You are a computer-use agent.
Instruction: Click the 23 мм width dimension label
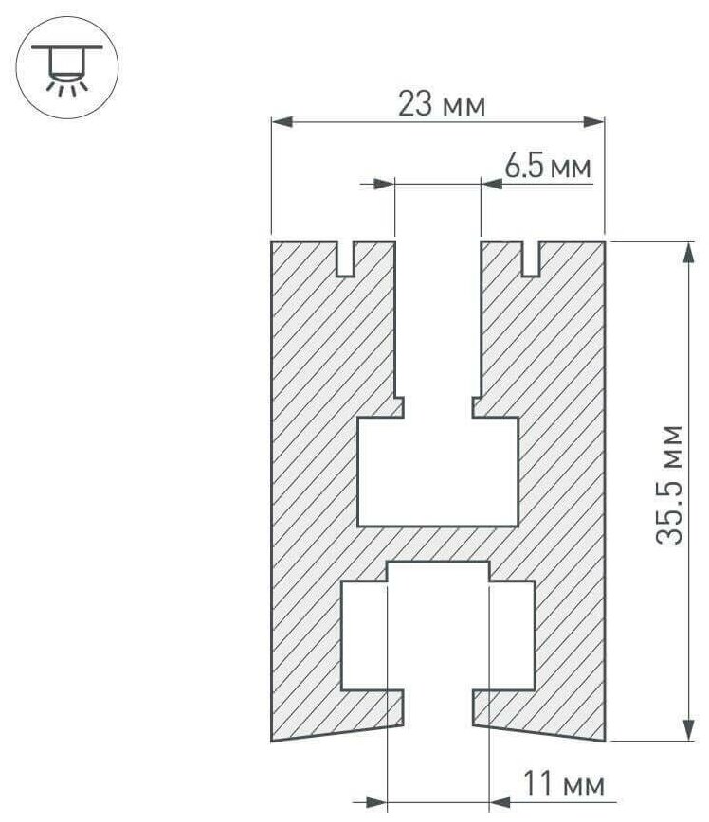pyautogui.click(x=442, y=104)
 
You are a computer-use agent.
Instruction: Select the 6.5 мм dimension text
pyautogui.click(x=548, y=167)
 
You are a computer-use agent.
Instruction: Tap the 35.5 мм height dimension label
pyautogui.click(x=670, y=485)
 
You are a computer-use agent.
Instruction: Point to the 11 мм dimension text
pyautogui.click(x=564, y=784)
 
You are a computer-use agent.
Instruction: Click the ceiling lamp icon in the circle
pyautogui.click(x=67, y=67)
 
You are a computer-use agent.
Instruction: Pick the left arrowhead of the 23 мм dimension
pyautogui.click(x=282, y=122)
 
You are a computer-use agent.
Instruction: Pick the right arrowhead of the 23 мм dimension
pyautogui.click(x=594, y=122)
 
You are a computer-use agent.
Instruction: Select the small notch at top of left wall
pyautogui.click(x=344, y=259)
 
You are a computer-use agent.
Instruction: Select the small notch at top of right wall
pyautogui.click(x=531, y=259)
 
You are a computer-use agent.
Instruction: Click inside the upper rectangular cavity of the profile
pyautogui.click(x=438, y=472)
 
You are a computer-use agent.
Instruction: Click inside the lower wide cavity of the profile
pyautogui.click(x=438, y=635)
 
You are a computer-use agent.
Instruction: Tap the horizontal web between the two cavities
pyautogui.click(x=438, y=544)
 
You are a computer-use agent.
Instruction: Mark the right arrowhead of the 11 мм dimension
pyautogui.click(x=500, y=802)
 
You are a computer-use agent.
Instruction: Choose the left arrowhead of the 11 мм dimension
pyautogui.click(x=376, y=802)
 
